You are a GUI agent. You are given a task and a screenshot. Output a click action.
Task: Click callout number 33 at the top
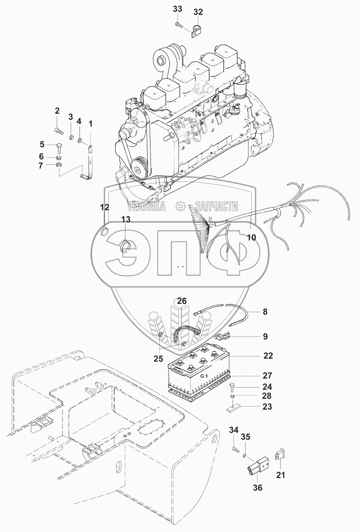coord(178,9)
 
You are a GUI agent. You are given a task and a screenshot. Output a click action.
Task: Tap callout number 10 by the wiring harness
coord(251,237)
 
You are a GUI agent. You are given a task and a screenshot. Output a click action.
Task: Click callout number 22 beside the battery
coord(268,356)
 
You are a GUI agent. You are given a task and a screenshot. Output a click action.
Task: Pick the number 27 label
coord(268,375)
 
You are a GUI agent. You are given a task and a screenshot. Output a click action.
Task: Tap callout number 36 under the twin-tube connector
coord(257,487)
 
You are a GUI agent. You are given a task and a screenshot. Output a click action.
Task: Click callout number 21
coord(280,475)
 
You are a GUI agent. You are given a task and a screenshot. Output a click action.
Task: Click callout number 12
coord(104,206)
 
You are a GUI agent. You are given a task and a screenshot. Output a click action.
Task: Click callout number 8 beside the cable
coord(265,312)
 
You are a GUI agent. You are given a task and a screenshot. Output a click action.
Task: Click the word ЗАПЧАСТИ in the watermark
coord(213,206)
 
